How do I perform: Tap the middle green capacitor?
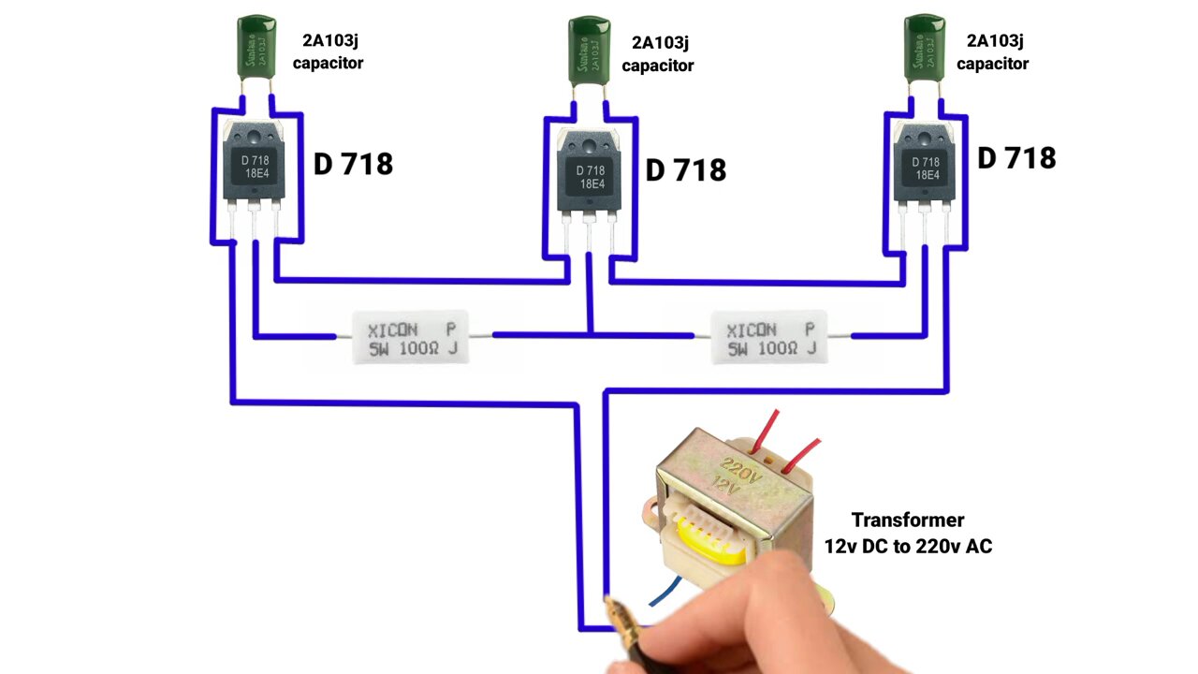pos(590,51)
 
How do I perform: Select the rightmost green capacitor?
pos(924,48)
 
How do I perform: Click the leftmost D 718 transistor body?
pos(253,163)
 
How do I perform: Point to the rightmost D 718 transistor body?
pos(925,165)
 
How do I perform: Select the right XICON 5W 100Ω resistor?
pos(769,338)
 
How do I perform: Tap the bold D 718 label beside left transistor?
pos(353,165)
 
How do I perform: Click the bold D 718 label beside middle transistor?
pos(685,170)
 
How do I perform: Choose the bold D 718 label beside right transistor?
pos(1016,158)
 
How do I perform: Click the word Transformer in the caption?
pos(907,520)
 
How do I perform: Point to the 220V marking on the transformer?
pos(739,467)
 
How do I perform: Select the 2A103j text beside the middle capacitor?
pos(660,42)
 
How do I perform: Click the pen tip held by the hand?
pos(610,604)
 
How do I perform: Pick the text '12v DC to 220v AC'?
pos(907,546)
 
